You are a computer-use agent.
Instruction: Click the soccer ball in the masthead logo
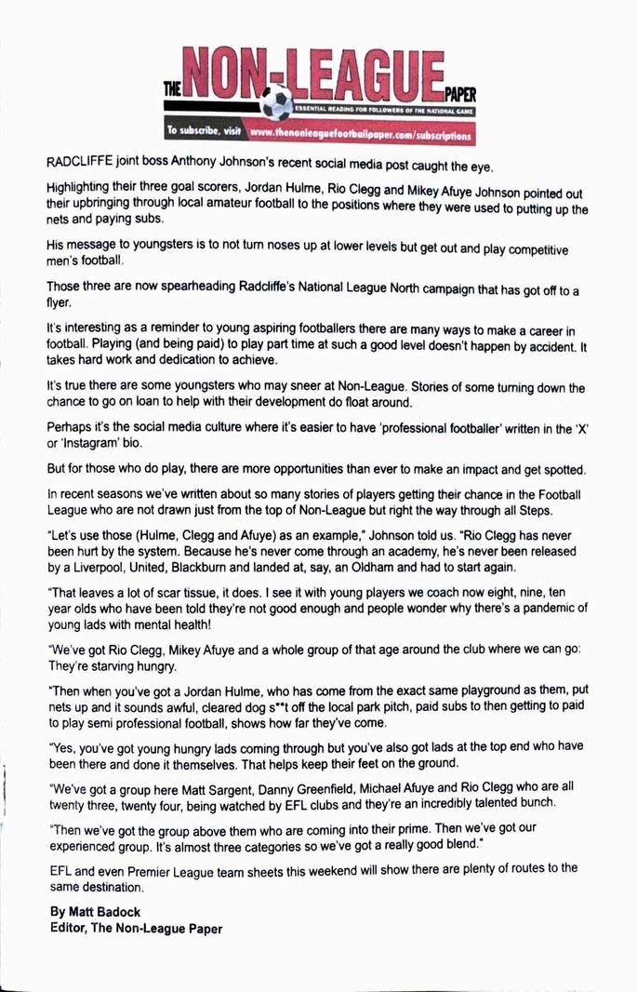277,104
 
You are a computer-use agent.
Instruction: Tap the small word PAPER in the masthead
459,94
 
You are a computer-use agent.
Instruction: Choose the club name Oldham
364,568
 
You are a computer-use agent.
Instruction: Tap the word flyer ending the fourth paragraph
60,303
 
